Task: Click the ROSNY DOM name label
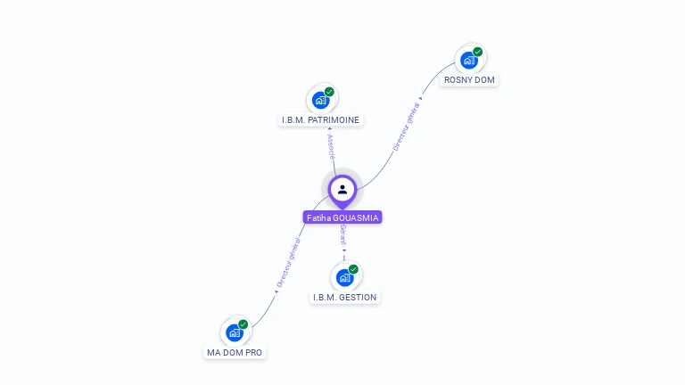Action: tap(469, 80)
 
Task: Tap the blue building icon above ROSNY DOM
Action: tap(468, 61)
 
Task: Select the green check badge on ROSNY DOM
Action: tap(478, 52)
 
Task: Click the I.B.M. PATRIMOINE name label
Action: tap(321, 119)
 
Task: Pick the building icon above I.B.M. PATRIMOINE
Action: tap(321, 100)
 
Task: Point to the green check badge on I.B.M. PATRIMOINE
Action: tap(330, 92)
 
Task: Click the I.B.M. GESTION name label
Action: tap(345, 297)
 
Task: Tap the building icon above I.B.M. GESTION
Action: tap(345, 277)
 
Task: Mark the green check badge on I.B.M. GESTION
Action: tap(354, 268)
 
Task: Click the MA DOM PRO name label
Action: tap(235, 352)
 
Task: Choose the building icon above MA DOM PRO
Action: tap(235, 332)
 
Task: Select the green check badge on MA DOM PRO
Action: tap(243, 324)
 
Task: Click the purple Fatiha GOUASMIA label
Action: tap(342, 217)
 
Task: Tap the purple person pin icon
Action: tap(342, 190)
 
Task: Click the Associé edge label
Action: tap(331, 143)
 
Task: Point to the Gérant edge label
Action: tap(343, 235)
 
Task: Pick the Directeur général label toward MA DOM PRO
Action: tap(287, 263)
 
